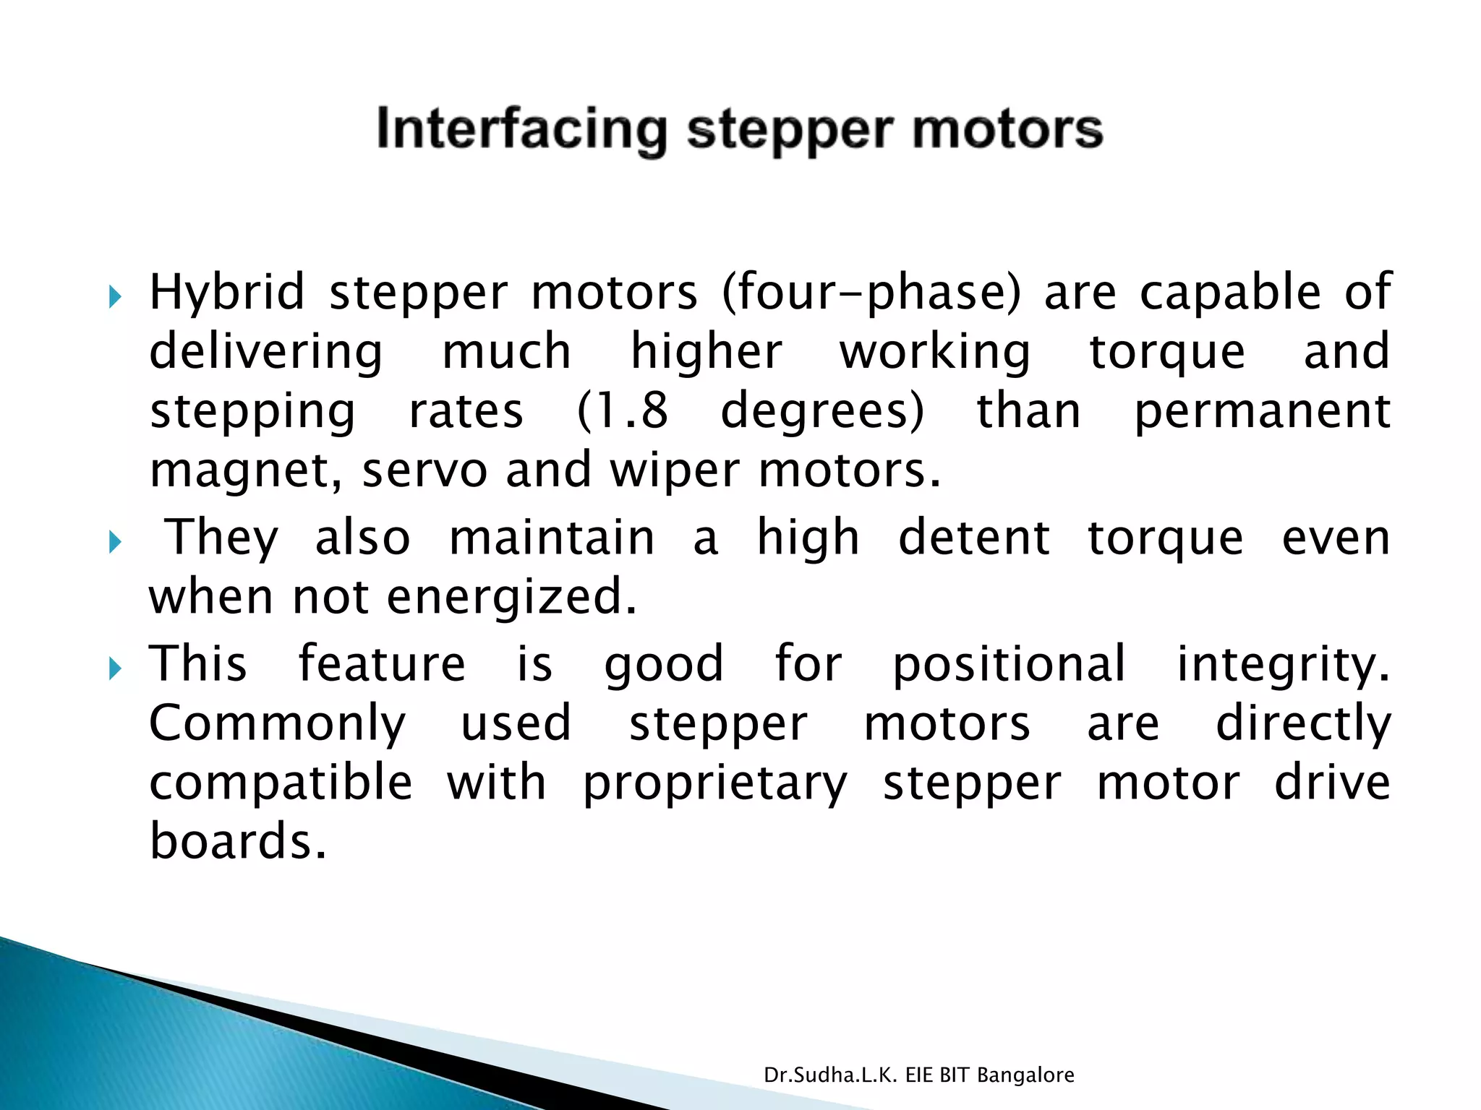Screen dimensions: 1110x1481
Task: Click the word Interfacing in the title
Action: [521, 130]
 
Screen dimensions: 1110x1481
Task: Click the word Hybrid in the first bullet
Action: [227, 293]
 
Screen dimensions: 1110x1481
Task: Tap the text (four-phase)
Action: [871, 293]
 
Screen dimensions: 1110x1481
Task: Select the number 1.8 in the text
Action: [623, 411]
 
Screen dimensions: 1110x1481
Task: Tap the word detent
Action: [973, 538]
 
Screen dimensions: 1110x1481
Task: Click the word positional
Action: [1009, 663]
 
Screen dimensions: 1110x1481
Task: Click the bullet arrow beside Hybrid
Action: [115, 296]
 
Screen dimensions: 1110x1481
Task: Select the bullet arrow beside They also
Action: [115, 541]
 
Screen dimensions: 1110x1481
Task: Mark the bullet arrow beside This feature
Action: [115, 668]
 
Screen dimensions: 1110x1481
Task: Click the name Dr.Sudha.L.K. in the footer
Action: [831, 1075]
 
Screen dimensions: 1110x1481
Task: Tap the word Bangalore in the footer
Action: [1025, 1076]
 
